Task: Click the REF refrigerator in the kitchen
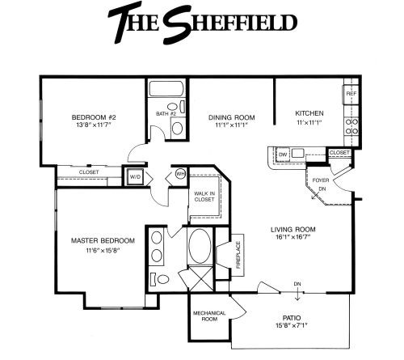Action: coord(351,94)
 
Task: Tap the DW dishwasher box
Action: coord(283,155)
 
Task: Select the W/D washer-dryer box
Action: coord(135,177)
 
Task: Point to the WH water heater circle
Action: coord(180,174)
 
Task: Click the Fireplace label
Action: coord(238,255)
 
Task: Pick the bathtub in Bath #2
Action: coord(166,88)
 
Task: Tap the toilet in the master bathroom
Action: coord(160,278)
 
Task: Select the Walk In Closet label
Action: coord(204,197)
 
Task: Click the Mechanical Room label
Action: coord(209,316)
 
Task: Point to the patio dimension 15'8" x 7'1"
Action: coord(292,325)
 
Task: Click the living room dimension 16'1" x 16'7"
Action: coord(292,237)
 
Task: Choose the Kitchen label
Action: coord(309,113)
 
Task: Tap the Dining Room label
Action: coord(232,117)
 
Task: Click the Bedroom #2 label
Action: coord(94,117)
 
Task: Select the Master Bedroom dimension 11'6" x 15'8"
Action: coord(103,251)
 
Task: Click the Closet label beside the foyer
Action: coord(339,153)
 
